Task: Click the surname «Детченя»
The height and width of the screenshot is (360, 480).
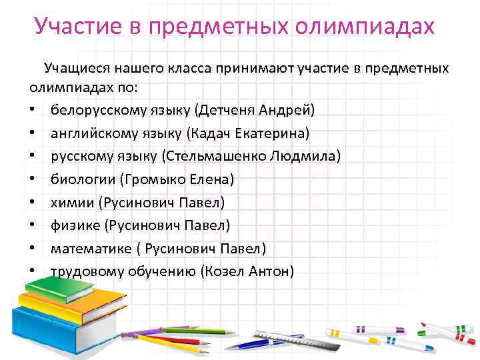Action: pos(228,109)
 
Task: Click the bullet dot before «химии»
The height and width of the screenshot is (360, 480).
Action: pos(33,203)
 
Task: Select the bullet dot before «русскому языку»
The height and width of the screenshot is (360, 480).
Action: pos(33,157)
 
